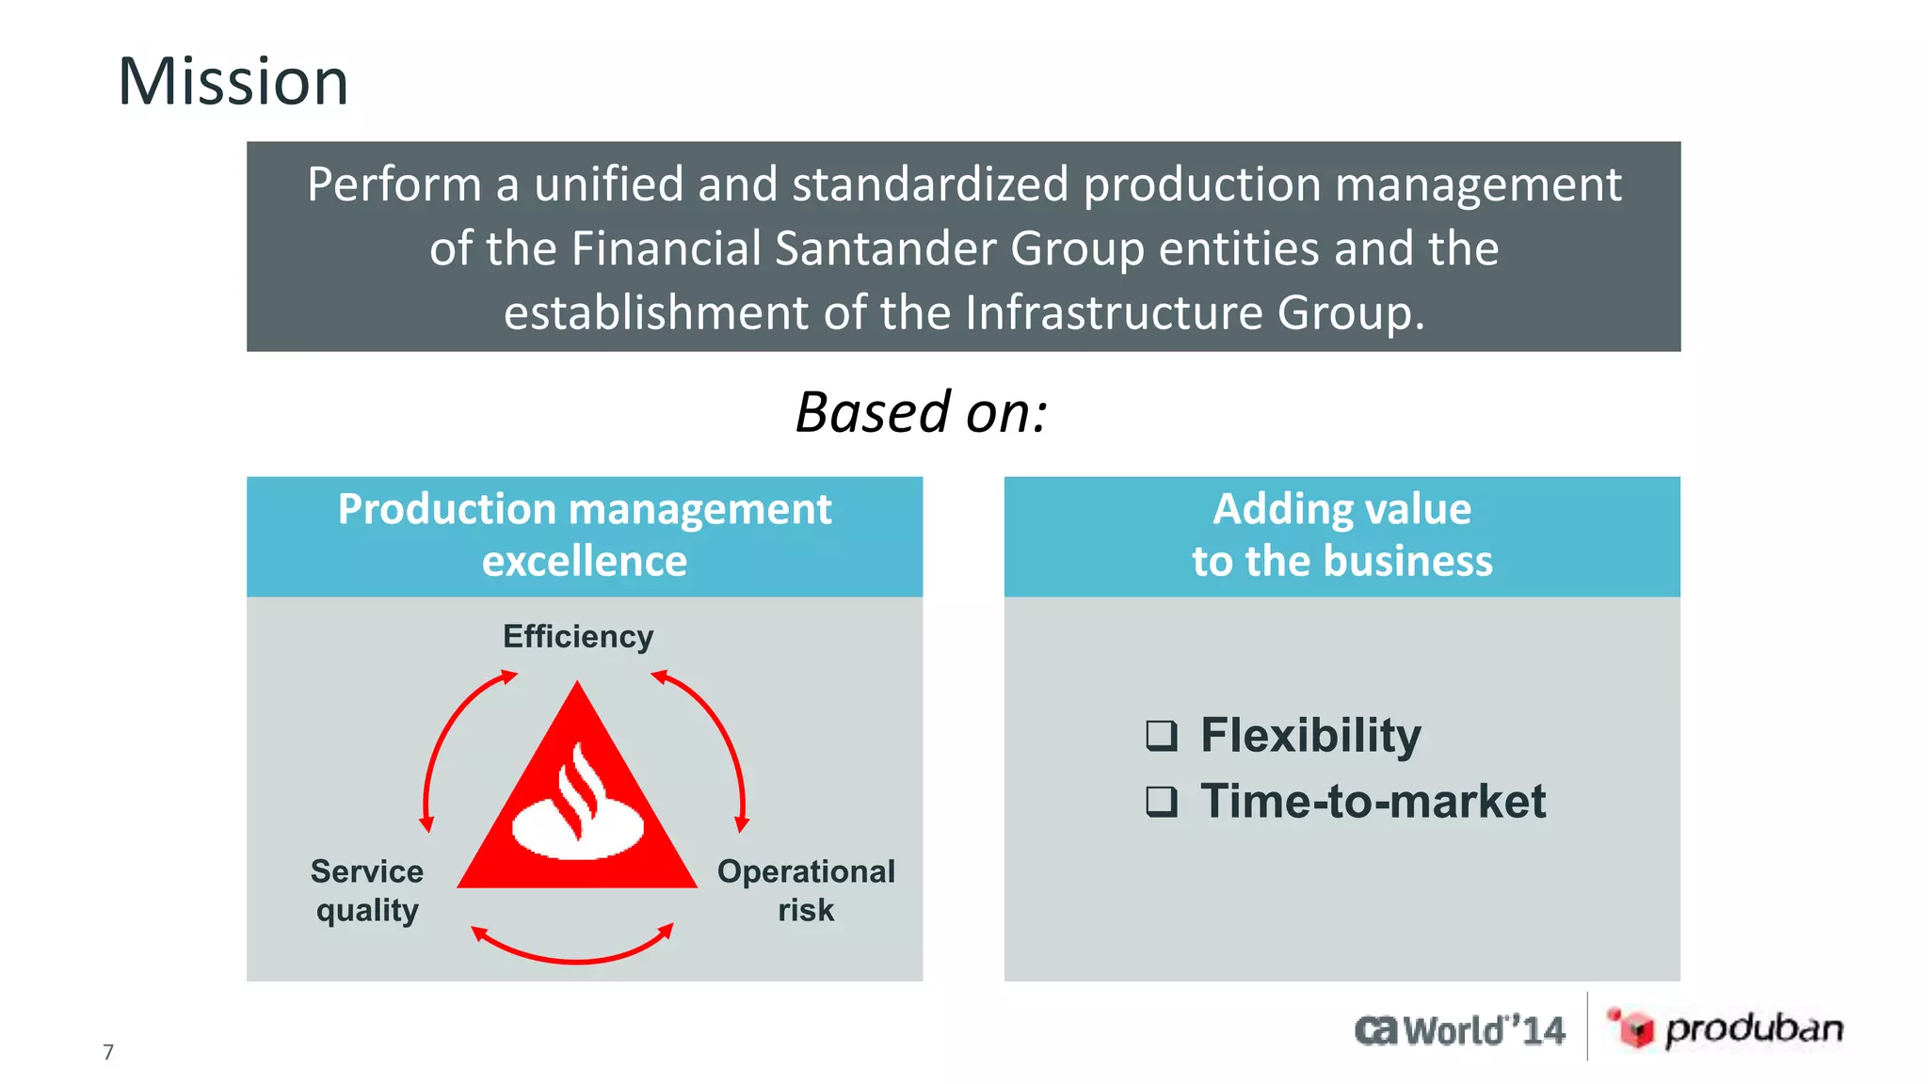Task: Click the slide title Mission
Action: coord(233,82)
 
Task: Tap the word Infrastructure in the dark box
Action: coord(1114,313)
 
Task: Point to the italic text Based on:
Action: coord(921,413)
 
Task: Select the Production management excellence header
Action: coord(585,535)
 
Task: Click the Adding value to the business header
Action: coord(1342,535)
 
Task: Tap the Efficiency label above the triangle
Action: coord(577,637)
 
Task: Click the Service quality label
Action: coord(367,890)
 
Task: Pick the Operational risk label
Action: coord(806,890)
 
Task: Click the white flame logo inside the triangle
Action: coord(578,807)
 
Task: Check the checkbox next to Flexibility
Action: coord(1162,735)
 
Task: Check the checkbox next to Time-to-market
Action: coord(1162,802)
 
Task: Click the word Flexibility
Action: coord(1310,735)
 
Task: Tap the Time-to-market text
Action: coord(1373,802)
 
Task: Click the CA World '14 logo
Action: coord(1460,1030)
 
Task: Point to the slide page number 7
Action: coord(108,1052)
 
